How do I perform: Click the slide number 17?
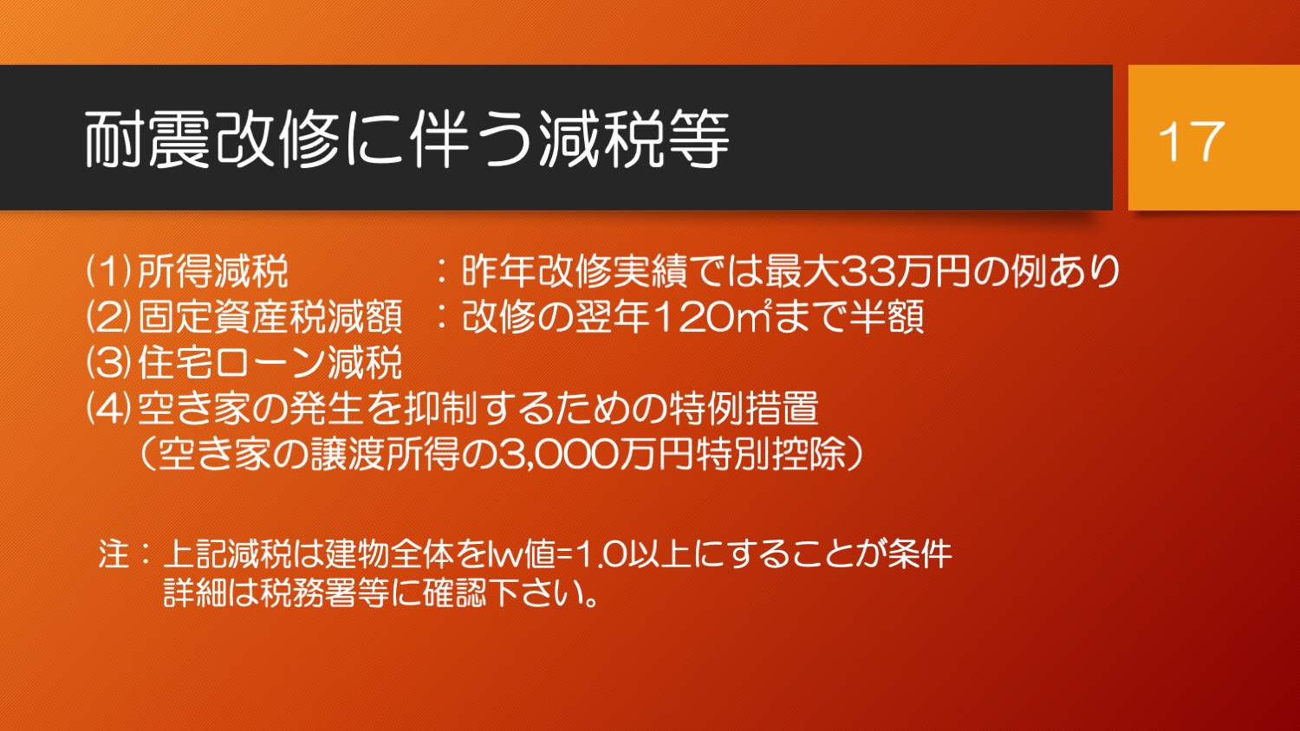(x=1191, y=141)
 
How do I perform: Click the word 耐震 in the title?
(x=146, y=139)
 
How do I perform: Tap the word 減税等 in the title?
(x=634, y=139)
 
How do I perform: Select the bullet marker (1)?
(x=109, y=271)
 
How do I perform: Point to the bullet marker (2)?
(x=109, y=317)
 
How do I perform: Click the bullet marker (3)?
(x=109, y=363)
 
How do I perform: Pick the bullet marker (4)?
(x=109, y=409)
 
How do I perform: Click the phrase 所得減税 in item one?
(x=213, y=271)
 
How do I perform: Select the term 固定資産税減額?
(x=270, y=317)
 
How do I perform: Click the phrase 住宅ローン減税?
(x=270, y=363)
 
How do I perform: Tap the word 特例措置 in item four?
(x=744, y=409)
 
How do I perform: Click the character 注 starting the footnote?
(x=114, y=553)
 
